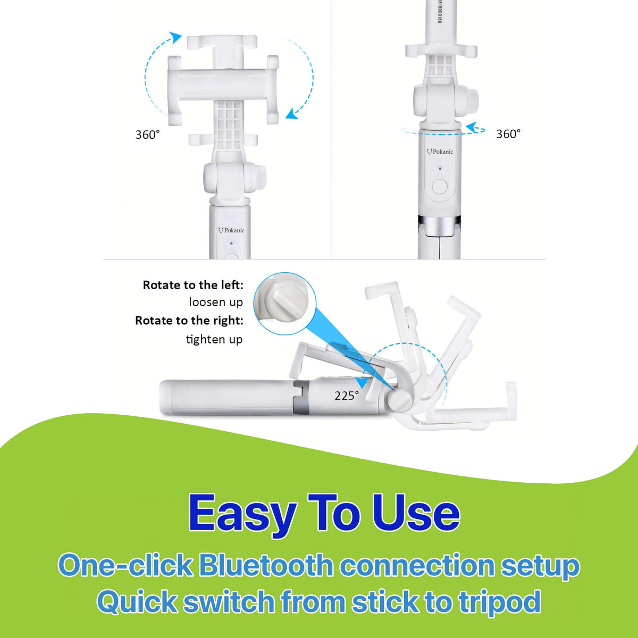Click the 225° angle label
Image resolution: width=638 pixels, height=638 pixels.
[347, 396]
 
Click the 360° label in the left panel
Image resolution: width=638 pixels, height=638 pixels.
[148, 135]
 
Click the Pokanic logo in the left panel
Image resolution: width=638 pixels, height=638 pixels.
[231, 230]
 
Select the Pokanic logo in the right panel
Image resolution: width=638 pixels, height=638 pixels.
[440, 152]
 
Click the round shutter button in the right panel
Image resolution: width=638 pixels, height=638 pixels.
[440, 187]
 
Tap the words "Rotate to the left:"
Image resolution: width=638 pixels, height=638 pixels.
[193, 285]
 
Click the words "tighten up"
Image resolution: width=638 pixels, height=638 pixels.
[214, 339]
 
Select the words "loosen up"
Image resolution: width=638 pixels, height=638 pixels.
[216, 302]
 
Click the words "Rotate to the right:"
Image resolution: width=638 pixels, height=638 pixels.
[189, 321]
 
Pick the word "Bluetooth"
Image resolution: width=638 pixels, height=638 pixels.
[266, 566]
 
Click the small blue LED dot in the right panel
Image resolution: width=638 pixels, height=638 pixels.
[440, 169]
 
